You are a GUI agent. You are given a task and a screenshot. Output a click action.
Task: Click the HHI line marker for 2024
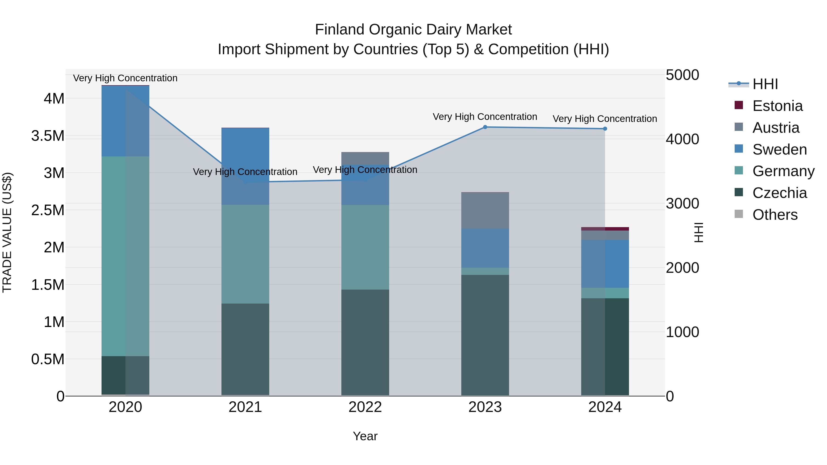(605, 129)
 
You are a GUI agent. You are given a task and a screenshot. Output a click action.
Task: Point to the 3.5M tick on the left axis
(48, 136)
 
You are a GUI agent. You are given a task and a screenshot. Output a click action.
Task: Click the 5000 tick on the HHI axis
(682, 75)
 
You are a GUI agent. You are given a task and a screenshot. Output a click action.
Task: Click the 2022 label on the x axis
(365, 407)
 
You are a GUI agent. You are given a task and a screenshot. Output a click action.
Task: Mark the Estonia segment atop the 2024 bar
(605, 229)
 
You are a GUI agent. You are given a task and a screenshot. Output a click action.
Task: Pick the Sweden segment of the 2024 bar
(605, 264)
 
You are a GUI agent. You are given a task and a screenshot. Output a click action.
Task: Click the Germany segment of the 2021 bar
(245, 254)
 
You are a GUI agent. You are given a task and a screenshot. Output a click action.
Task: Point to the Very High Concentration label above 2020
(125, 78)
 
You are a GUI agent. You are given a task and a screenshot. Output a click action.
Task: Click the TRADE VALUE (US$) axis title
(7, 232)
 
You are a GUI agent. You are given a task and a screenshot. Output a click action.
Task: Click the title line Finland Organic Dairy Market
(413, 30)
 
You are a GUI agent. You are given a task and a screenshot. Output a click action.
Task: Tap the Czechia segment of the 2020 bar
(125, 375)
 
